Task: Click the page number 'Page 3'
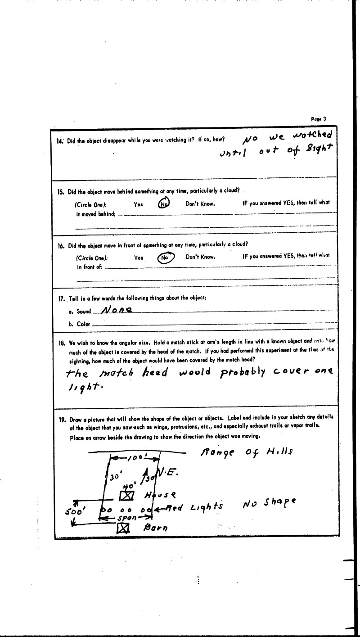tap(318, 119)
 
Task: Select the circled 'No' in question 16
tap(165, 258)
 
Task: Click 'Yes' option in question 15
tap(138, 204)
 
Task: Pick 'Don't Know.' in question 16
tap(200, 258)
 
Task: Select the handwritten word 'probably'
tap(243, 372)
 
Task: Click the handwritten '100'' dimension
tap(135, 458)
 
